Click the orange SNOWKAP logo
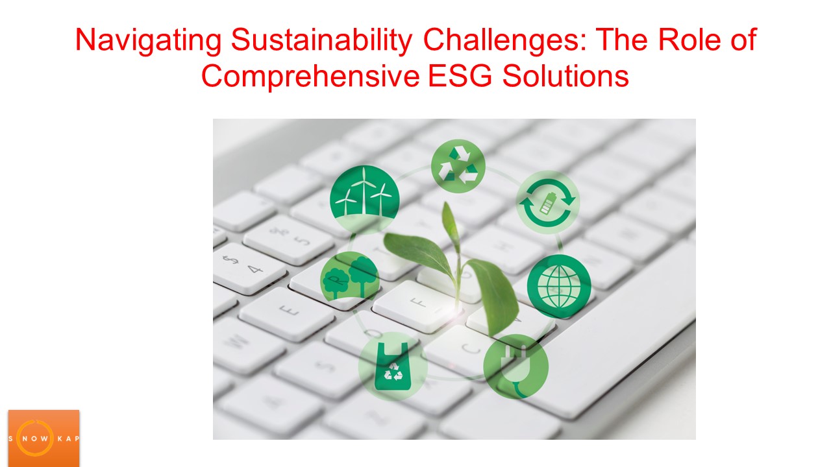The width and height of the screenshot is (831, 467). click(43, 438)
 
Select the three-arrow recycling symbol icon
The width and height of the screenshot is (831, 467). click(458, 166)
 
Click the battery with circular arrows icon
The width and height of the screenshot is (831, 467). click(548, 202)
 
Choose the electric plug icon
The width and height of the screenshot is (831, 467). click(516, 366)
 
